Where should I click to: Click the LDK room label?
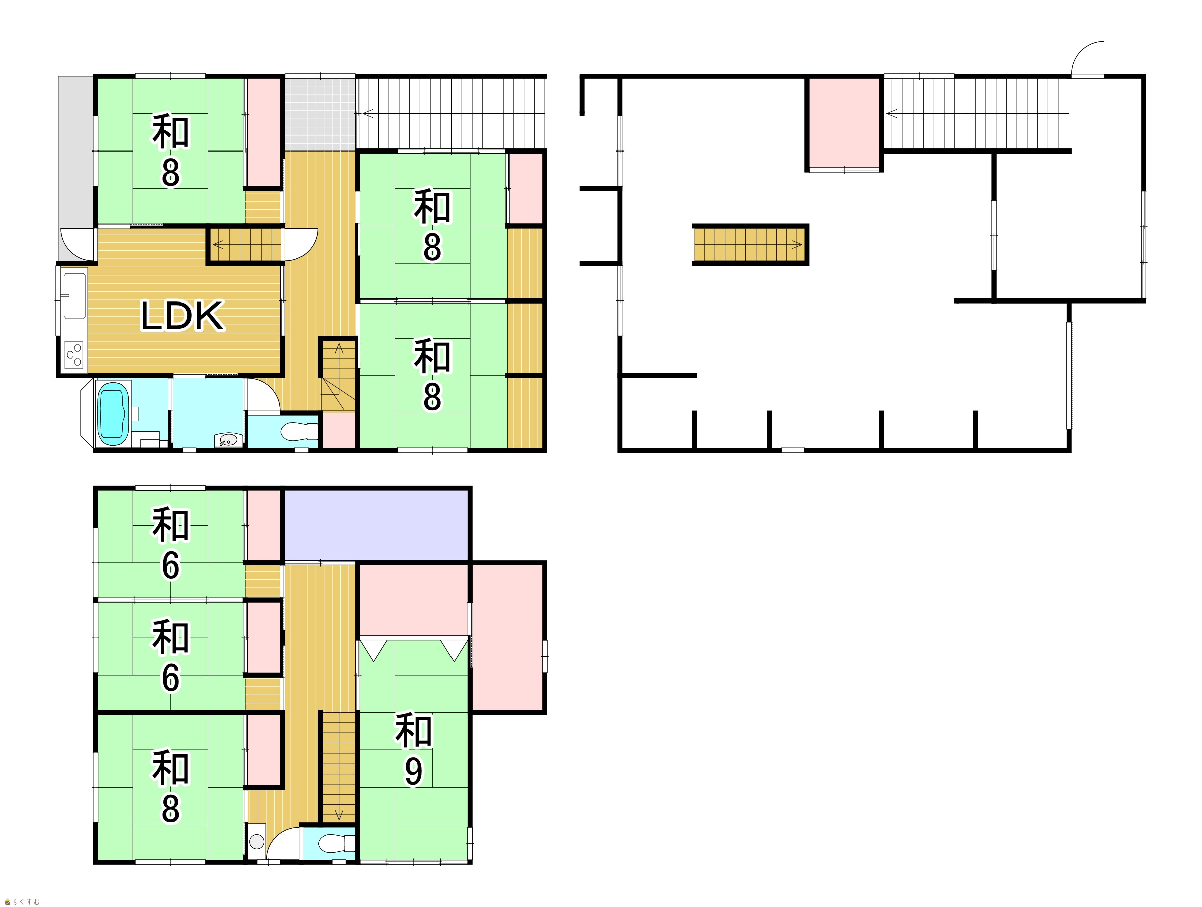182,316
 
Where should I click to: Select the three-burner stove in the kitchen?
74,355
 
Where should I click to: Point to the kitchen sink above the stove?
74,295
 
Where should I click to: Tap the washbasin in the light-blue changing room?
228,439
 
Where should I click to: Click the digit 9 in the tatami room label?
413,771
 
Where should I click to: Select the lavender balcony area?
377,525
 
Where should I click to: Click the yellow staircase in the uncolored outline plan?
749,244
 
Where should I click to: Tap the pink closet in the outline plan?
844,123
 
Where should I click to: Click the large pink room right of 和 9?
508,638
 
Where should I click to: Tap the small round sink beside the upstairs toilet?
256,842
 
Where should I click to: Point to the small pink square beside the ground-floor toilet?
339,431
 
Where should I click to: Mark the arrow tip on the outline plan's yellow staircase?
802,244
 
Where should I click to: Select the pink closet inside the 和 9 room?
413,600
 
